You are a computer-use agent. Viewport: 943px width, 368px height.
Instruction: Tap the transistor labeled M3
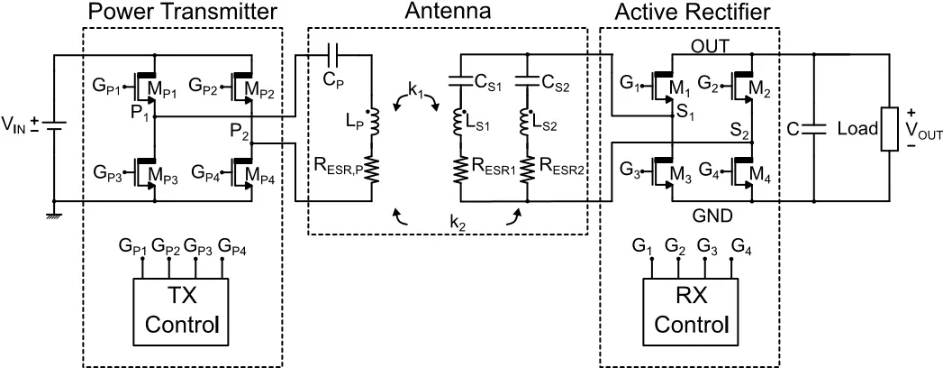coord(665,171)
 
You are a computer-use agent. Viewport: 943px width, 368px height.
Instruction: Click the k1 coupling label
coord(415,90)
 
